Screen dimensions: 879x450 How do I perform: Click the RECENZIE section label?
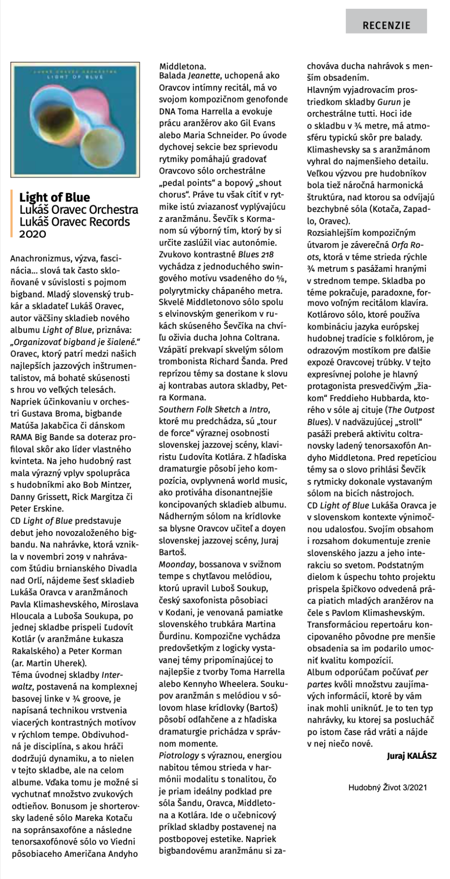coord(386,25)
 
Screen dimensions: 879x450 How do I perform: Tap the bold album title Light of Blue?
coord(54,197)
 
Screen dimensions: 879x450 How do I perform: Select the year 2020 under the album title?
coord(32,234)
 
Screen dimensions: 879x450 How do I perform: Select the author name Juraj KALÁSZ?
coord(411,756)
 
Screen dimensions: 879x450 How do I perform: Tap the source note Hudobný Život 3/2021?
coord(387,787)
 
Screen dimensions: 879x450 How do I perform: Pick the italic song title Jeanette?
coord(204,76)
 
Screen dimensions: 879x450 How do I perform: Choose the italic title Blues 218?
coord(256,254)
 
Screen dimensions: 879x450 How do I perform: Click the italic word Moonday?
coord(176,564)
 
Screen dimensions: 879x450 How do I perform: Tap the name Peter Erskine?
coord(37,508)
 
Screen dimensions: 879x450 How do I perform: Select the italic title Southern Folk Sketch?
coord(199,409)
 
